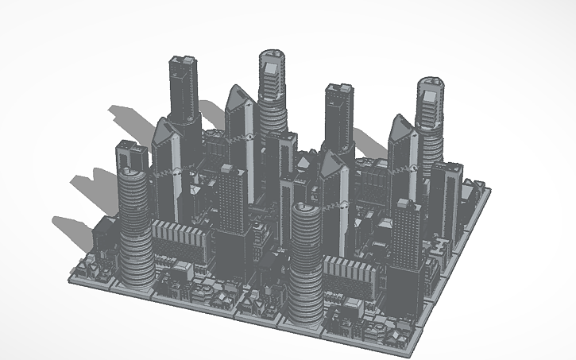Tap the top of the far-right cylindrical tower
430,86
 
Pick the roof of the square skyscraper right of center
338,90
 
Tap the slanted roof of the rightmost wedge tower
401,127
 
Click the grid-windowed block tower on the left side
231,199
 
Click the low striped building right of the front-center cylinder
350,274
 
